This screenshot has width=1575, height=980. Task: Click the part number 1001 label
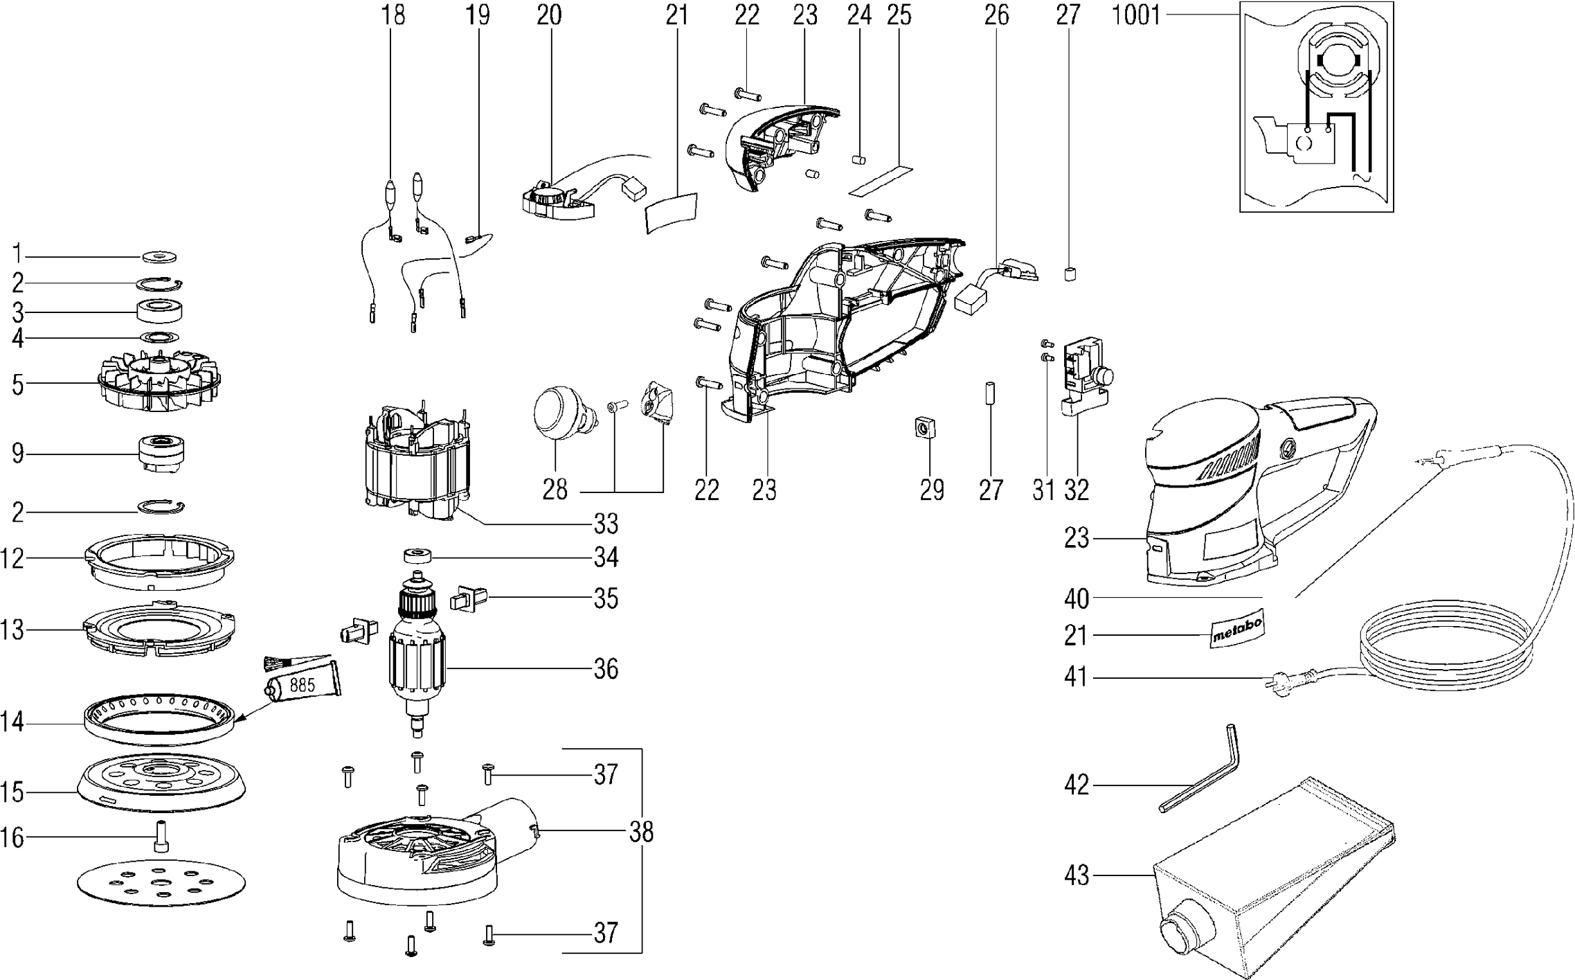(1135, 15)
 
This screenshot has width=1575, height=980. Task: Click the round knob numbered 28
(558, 411)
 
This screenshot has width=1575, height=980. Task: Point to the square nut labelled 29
(923, 447)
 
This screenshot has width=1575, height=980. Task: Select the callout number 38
(641, 832)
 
